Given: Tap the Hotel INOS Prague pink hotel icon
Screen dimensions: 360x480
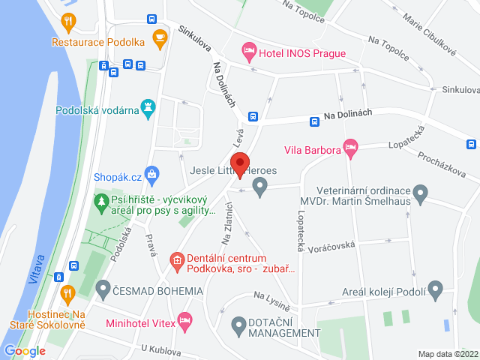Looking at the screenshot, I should (249, 52).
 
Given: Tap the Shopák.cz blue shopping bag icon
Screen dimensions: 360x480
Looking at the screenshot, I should (152, 176).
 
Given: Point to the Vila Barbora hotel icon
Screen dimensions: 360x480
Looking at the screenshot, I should (349, 147).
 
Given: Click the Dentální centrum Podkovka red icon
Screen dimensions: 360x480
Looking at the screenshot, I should (177, 261).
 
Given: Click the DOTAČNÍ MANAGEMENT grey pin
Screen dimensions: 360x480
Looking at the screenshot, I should (238, 325).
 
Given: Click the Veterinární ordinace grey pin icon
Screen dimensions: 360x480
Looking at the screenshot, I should (421, 197).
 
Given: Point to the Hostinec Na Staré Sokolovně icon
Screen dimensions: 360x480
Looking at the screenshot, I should (67, 292).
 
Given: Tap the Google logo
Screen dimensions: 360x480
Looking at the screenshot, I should (25, 350).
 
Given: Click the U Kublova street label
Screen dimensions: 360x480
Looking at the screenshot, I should (161, 349).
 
